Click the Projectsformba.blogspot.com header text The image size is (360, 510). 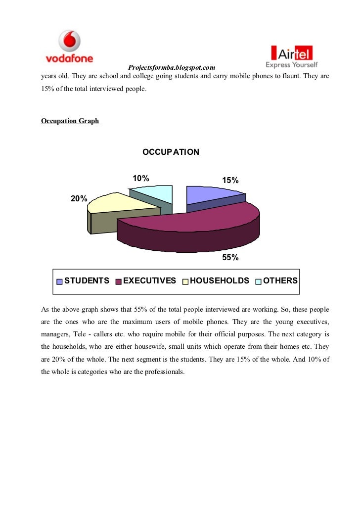[171, 67]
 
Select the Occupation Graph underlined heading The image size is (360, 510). [70, 121]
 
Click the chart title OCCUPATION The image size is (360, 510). [171, 152]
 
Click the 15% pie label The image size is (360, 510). [230, 181]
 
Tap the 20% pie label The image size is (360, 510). [79, 199]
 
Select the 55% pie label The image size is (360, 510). [230, 258]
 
